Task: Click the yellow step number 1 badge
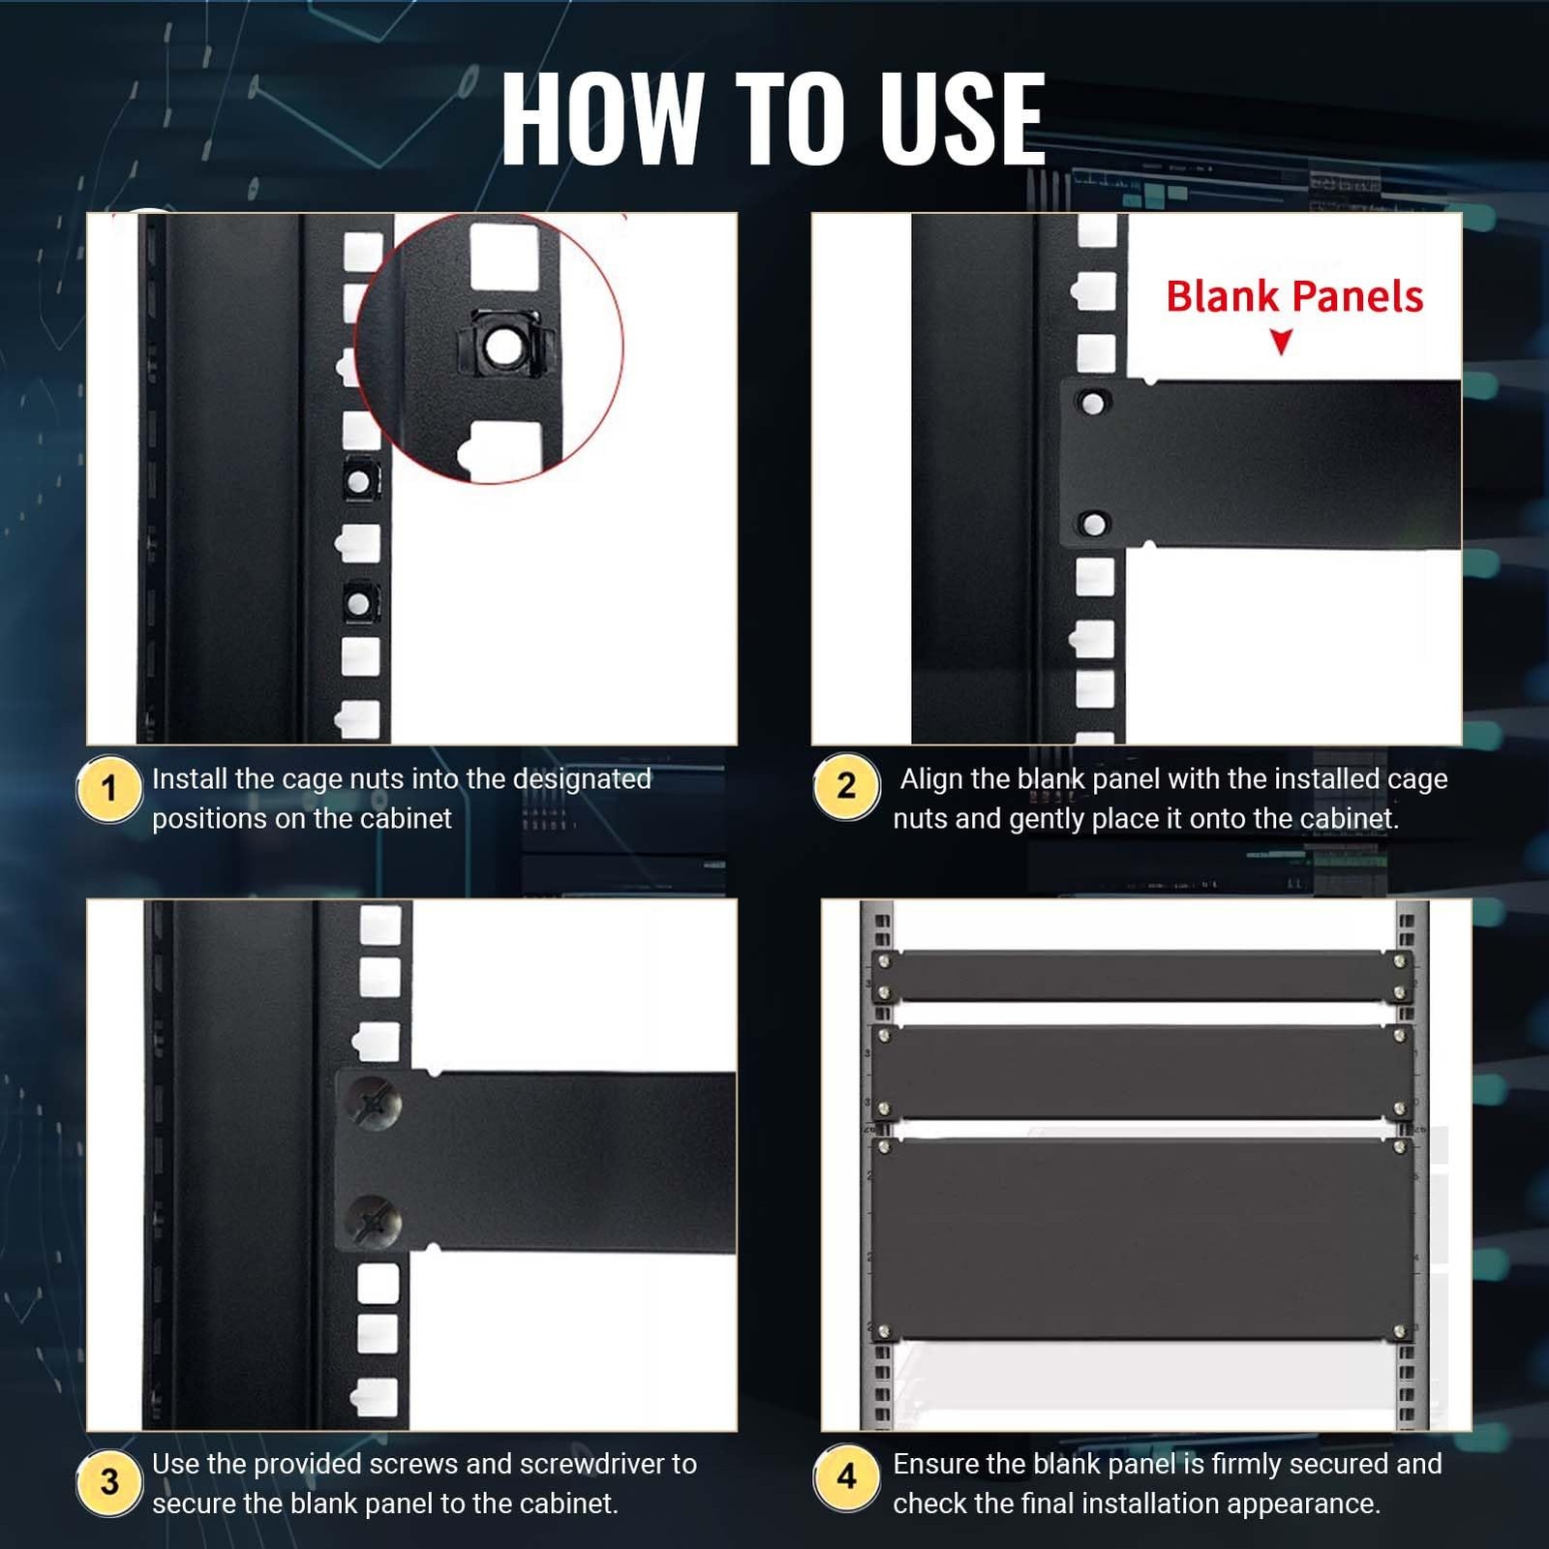[109, 789]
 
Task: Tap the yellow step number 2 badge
[846, 786]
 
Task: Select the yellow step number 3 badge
[109, 1482]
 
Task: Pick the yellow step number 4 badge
[846, 1477]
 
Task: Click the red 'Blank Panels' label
[1294, 296]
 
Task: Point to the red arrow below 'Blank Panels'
[1282, 342]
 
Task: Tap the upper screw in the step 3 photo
[375, 1103]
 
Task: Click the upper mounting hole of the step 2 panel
[1093, 403]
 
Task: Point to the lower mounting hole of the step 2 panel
[1094, 525]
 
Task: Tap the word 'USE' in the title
[962, 118]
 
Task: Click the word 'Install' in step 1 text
[189, 779]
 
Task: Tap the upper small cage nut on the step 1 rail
[359, 479]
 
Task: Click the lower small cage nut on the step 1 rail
[359, 603]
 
